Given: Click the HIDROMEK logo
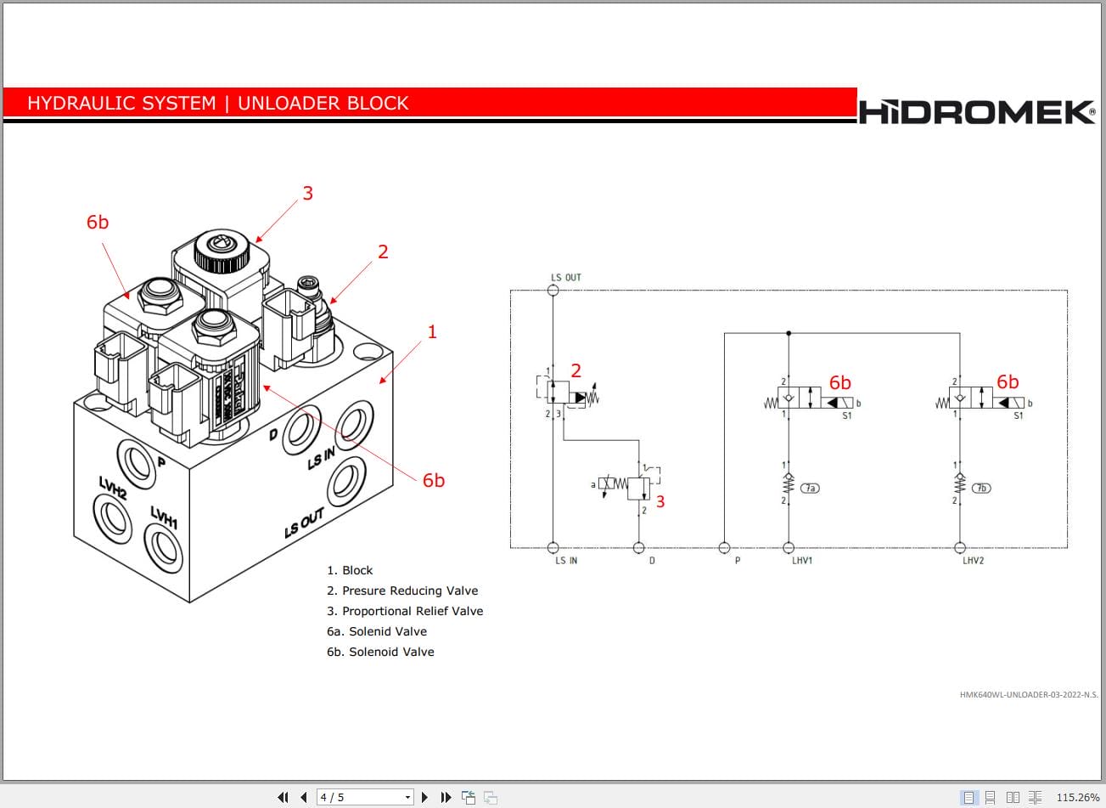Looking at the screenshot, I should (x=976, y=111).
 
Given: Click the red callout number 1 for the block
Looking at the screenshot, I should (x=432, y=331).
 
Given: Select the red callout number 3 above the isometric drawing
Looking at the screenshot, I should (x=307, y=193).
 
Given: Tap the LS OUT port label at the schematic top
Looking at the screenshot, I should (x=566, y=277).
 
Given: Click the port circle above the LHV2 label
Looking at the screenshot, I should (x=960, y=548).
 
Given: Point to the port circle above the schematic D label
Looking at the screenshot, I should (x=638, y=548).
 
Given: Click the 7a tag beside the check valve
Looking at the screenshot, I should (x=811, y=488).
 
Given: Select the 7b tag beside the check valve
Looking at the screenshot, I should (x=981, y=488).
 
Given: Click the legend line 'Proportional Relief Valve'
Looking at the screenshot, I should (x=405, y=611).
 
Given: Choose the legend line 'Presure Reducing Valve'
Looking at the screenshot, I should (x=402, y=590).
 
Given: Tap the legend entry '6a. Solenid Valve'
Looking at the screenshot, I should (x=377, y=631).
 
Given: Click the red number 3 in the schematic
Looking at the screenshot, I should (x=660, y=501).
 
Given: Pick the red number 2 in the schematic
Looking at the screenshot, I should (x=575, y=370).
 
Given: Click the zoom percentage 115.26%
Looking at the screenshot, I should (x=1077, y=797).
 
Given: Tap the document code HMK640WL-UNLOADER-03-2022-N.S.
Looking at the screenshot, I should (x=1028, y=694).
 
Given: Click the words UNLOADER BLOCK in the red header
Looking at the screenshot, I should (x=323, y=103).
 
